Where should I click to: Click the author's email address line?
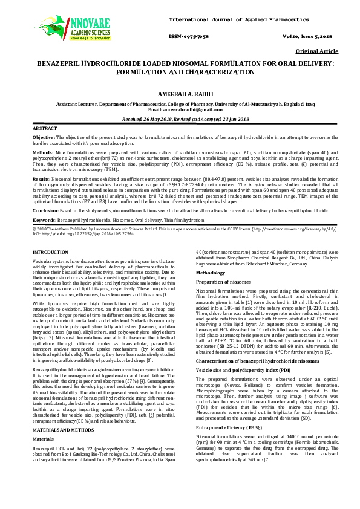coord(180,109)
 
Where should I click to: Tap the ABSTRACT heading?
coord(45,129)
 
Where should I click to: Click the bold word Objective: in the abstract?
coord(44,138)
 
